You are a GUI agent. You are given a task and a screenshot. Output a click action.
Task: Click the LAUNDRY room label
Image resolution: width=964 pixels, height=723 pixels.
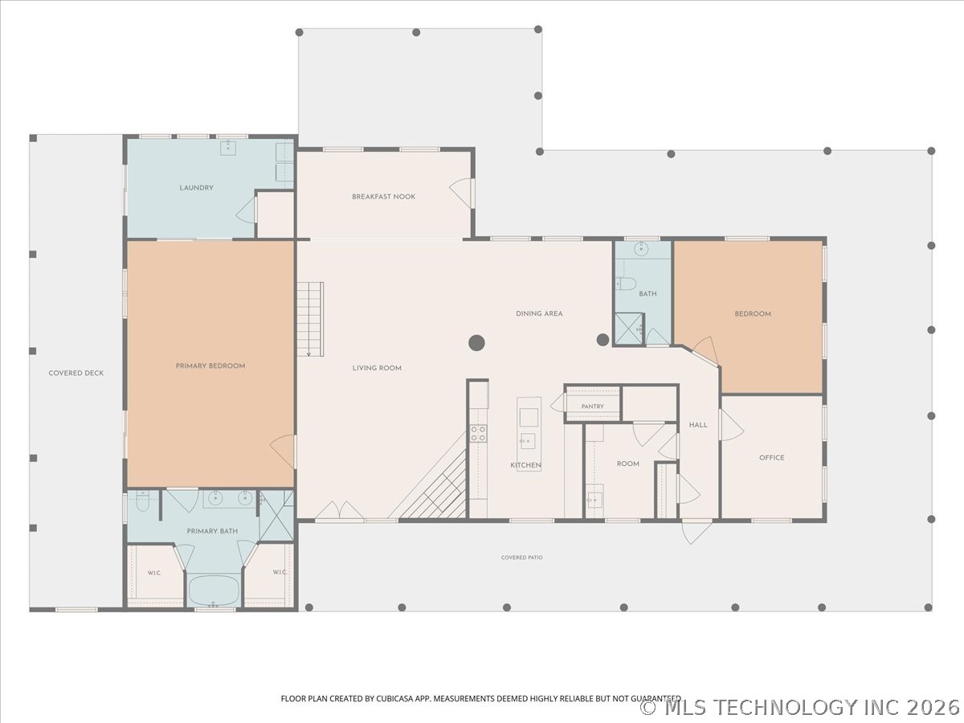click(196, 188)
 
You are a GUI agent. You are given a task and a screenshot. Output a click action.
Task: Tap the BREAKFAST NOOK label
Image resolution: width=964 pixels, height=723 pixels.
click(383, 197)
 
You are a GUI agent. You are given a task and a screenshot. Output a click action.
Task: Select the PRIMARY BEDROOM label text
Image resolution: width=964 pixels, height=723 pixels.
click(210, 366)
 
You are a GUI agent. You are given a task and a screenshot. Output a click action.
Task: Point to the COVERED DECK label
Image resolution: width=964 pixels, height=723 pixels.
click(76, 373)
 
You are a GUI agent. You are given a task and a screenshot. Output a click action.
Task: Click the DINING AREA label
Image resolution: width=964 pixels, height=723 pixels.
click(539, 314)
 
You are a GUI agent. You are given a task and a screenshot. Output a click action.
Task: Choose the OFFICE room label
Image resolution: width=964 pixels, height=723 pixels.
click(772, 458)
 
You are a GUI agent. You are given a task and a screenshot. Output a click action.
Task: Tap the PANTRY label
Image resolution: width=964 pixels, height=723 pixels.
click(592, 406)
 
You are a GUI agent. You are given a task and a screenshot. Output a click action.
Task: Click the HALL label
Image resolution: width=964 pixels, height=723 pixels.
click(698, 425)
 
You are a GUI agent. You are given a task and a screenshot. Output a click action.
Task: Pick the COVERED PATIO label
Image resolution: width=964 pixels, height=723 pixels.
click(521, 558)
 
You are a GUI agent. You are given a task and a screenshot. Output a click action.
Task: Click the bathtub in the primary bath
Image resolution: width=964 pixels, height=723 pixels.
click(214, 590)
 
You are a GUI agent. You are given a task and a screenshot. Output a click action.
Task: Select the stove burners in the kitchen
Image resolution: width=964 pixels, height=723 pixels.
click(478, 433)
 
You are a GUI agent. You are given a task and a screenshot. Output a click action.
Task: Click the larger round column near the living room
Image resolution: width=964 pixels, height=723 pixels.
click(476, 343)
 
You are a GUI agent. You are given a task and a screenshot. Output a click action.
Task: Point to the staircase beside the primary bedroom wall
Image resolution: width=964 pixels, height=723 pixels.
click(311, 319)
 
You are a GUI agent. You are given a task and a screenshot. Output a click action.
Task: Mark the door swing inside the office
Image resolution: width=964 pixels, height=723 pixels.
click(731, 425)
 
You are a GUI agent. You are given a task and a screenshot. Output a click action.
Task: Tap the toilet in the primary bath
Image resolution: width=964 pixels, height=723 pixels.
click(142, 502)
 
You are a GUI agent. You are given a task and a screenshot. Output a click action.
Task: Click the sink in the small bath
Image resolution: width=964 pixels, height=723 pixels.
click(641, 249)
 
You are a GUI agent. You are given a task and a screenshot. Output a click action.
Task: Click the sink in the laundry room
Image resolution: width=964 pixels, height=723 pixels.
click(228, 148)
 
